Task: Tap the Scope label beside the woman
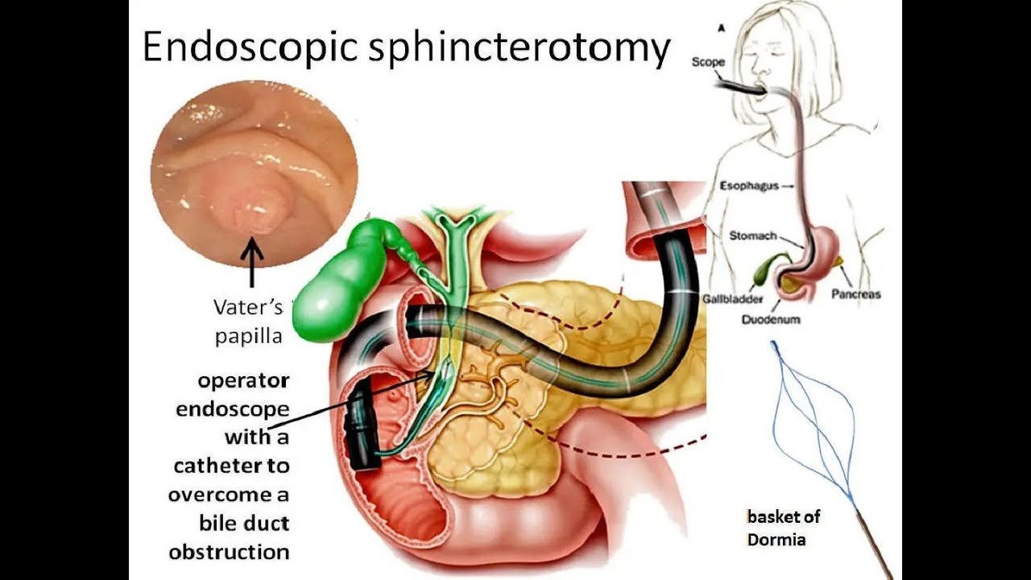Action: pyautogui.click(x=708, y=62)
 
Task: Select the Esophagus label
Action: pyautogui.click(x=749, y=186)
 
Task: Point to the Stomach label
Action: pyautogui.click(x=752, y=236)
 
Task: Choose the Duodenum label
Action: pyautogui.click(x=771, y=319)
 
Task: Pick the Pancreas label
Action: pyautogui.click(x=855, y=294)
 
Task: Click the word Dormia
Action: pyautogui.click(x=776, y=540)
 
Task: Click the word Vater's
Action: pyautogui.click(x=248, y=307)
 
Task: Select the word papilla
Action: pyautogui.click(x=248, y=336)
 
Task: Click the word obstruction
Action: pyautogui.click(x=229, y=553)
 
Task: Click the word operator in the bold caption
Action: pyautogui.click(x=243, y=379)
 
